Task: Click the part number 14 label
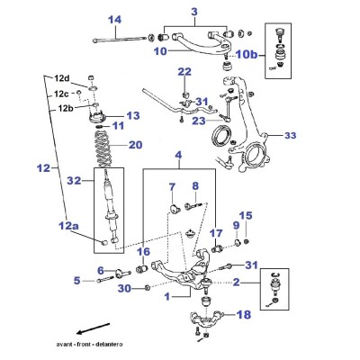115,20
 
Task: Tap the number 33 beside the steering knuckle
290,136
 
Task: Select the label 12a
68,225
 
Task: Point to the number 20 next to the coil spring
135,145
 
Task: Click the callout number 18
244,315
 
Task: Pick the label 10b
247,55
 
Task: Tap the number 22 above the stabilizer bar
184,72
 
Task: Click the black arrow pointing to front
93,328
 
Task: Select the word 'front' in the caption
85,344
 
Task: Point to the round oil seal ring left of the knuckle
222,136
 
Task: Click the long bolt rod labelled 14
120,39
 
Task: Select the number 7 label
172,187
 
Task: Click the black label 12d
62,78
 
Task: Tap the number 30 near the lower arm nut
125,289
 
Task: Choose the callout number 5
77,281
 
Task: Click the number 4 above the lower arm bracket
178,156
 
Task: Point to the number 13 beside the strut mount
133,115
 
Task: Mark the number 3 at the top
194,12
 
